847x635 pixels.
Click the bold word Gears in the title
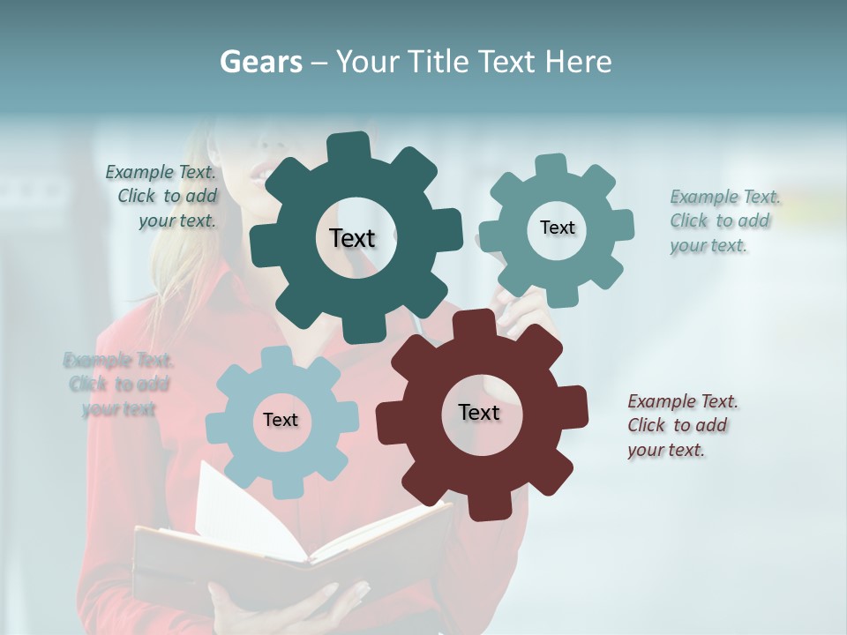tap(259, 62)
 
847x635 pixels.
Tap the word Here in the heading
tap(579, 62)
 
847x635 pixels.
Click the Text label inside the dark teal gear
tap(352, 238)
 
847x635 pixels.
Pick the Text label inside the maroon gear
tap(479, 412)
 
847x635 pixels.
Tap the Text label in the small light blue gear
tap(281, 420)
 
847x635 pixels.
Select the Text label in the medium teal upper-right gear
tap(557, 228)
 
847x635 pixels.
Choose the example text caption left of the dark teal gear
tap(164, 196)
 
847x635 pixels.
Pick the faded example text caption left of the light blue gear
tap(119, 385)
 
